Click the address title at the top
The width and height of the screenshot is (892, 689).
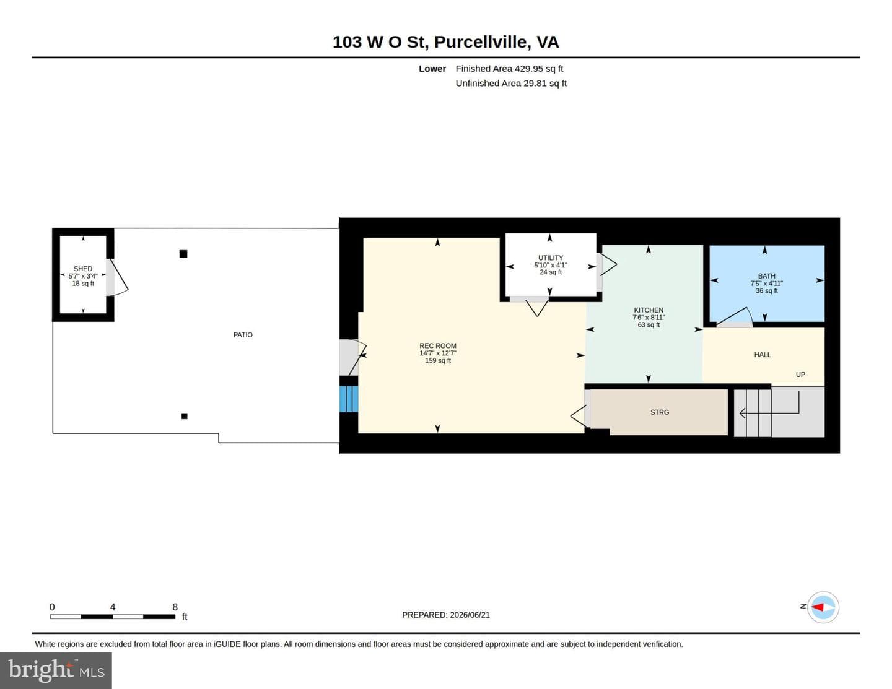pyautogui.click(x=445, y=42)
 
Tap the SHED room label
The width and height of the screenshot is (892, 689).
pyautogui.click(x=83, y=269)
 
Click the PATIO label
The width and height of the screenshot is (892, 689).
pyautogui.click(x=243, y=335)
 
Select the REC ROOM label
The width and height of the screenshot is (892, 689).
pyautogui.click(x=437, y=345)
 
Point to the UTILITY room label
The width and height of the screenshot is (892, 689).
pyautogui.click(x=551, y=258)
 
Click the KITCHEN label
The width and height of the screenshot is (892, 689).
pyautogui.click(x=649, y=310)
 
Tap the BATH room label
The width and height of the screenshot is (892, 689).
pyautogui.click(x=766, y=276)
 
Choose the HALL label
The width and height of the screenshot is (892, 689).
pyautogui.click(x=763, y=355)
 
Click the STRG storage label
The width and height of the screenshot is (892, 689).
pyautogui.click(x=660, y=412)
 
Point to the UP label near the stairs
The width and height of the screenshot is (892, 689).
pyautogui.click(x=800, y=375)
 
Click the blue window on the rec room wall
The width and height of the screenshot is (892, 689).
pyautogui.click(x=349, y=399)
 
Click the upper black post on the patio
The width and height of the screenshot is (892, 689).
pyautogui.click(x=183, y=254)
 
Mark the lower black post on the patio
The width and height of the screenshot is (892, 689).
pyautogui.click(x=185, y=416)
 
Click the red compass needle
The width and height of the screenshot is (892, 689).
pyautogui.click(x=818, y=607)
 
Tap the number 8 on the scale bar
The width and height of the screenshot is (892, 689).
pyautogui.click(x=175, y=607)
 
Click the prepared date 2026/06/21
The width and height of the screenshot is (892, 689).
pyautogui.click(x=470, y=615)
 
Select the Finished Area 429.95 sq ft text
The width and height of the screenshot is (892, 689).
pyautogui.click(x=509, y=69)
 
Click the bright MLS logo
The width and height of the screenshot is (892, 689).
pyautogui.click(x=56, y=670)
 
